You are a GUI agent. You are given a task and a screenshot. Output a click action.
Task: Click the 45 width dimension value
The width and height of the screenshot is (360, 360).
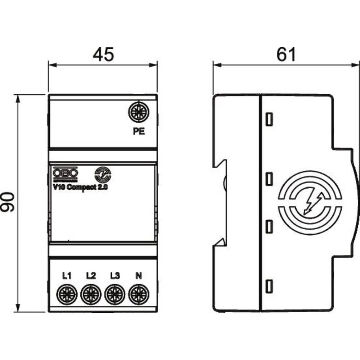click(x=103, y=54)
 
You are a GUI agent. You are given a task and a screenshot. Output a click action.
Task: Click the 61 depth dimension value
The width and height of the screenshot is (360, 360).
click(x=286, y=54)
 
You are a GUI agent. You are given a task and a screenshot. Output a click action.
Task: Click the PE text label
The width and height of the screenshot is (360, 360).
click(x=139, y=132)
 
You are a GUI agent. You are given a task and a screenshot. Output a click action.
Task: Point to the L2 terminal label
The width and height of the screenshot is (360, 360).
click(x=91, y=276)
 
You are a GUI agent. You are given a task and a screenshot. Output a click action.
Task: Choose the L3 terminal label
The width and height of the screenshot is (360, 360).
click(x=115, y=276)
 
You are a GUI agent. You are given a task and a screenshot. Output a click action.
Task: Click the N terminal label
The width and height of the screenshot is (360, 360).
click(x=138, y=276)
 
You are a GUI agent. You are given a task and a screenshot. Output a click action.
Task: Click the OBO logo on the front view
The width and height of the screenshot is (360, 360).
click(x=65, y=174)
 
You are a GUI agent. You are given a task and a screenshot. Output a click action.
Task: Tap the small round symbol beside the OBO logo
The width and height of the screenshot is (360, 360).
click(x=103, y=175)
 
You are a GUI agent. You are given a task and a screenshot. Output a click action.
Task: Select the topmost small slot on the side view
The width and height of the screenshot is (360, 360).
click(x=269, y=119)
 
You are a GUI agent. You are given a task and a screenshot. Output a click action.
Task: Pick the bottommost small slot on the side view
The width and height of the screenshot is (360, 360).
click(x=269, y=286)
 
